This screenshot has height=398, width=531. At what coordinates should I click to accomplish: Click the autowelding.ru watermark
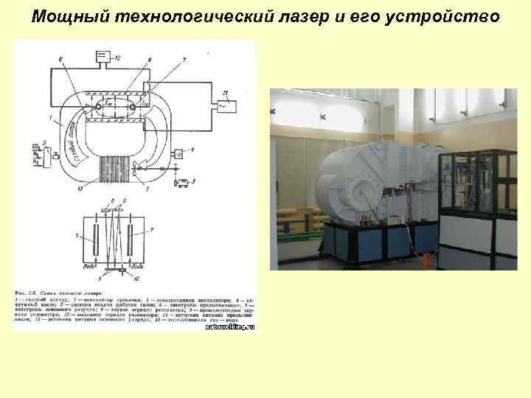229,326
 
